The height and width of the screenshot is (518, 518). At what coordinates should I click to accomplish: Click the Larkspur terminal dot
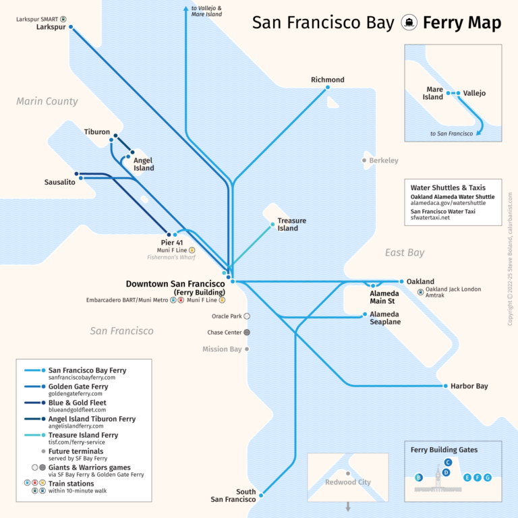(71, 28)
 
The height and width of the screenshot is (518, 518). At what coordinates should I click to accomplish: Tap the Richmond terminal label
(328, 80)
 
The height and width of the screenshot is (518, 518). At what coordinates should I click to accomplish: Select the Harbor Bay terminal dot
(444, 386)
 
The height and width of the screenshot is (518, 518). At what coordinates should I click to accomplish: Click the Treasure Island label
(291, 225)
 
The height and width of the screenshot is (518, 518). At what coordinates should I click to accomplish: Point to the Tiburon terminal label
(97, 132)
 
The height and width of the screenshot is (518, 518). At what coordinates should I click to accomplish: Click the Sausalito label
(60, 182)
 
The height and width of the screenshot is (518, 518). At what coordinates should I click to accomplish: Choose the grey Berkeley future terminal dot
(364, 161)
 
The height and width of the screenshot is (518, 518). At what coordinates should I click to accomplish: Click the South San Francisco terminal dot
(260, 493)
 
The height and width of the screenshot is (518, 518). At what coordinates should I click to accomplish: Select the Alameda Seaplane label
(385, 318)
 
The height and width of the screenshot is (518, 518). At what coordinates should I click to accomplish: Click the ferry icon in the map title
(408, 22)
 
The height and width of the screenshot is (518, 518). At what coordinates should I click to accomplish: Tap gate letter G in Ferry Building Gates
(488, 478)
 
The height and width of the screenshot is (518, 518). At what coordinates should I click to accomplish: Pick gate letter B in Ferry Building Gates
(419, 478)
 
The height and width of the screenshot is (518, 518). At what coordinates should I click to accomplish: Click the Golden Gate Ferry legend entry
(78, 386)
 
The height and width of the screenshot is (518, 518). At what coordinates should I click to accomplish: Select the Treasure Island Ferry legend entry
(83, 435)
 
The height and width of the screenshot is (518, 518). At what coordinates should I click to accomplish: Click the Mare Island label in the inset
(434, 93)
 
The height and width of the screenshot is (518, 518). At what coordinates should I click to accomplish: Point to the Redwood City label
(348, 482)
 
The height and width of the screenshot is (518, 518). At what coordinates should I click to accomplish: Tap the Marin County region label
(47, 101)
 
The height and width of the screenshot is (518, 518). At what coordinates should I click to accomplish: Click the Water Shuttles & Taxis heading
(448, 188)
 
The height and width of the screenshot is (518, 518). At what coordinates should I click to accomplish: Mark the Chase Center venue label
(225, 333)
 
